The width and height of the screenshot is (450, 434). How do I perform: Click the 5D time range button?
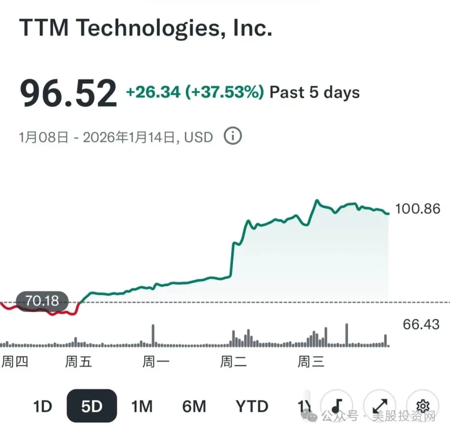[92, 406]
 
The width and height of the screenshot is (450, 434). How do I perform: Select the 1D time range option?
[42, 406]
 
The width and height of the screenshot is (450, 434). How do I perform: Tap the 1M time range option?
[142, 406]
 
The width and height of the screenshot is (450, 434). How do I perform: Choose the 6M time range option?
[194, 406]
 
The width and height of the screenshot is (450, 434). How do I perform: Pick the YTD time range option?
[252, 406]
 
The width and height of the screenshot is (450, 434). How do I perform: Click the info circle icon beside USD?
[233, 136]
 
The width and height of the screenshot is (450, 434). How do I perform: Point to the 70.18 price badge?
[42, 301]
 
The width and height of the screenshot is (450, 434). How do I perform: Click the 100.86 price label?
[417, 208]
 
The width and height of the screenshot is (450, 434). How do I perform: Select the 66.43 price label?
[421, 324]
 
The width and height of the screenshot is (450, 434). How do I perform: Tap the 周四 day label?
[15, 361]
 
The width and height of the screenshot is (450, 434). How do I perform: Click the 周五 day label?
[78, 361]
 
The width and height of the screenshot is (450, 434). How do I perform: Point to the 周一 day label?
[156, 361]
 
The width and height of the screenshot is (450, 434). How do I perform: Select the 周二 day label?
[233, 361]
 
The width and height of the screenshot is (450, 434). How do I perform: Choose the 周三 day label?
[311, 361]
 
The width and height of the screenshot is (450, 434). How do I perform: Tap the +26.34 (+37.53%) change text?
[195, 92]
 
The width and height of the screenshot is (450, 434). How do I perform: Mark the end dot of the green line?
[388, 213]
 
